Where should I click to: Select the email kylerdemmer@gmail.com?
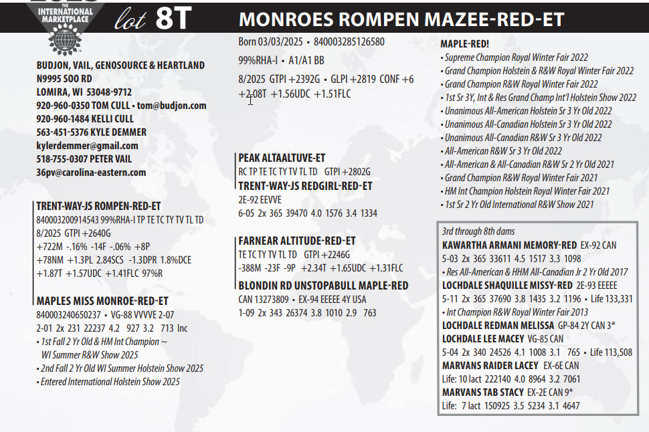pyautogui.click(x=87, y=146)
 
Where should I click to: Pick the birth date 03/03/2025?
pyautogui.click(x=276, y=41)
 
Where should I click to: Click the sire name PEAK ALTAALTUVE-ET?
pyautogui.click(x=282, y=158)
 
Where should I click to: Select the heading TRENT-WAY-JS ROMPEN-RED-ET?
pyautogui.click(x=98, y=207)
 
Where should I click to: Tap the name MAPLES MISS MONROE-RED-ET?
pyautogui.click(x=102, y=301)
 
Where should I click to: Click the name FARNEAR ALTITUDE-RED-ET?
pyautogui.click(x=296, y=241)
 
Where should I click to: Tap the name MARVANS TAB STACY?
pyautogui.click(x=490, y=392)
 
